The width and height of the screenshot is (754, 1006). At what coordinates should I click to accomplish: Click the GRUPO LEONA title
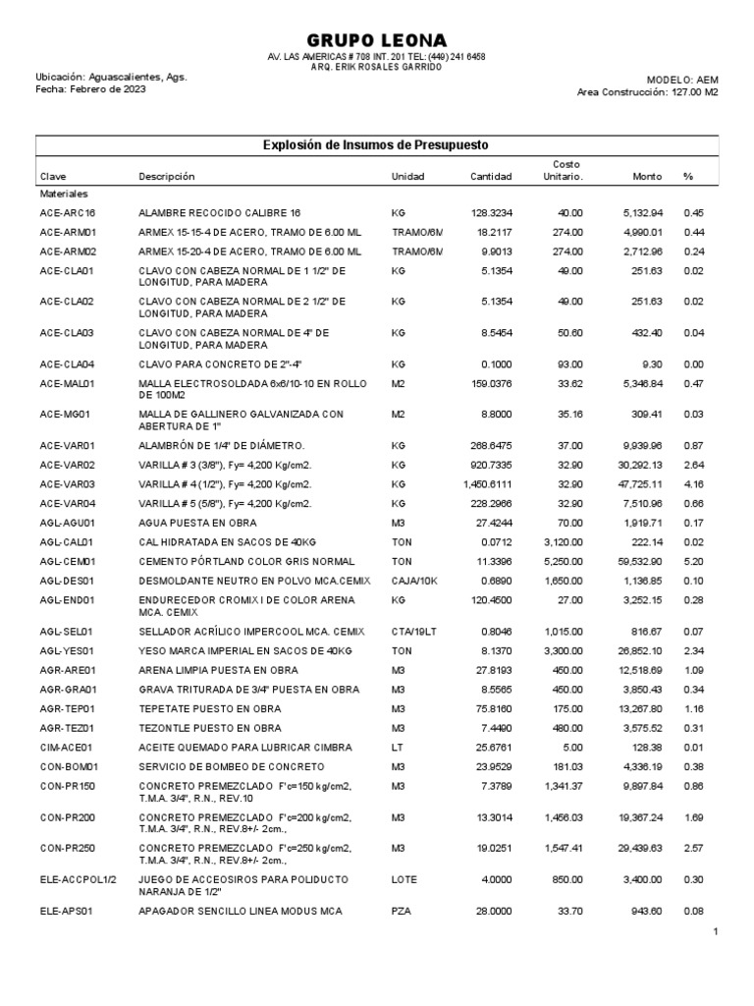pyautogui.click(x=377, y=39)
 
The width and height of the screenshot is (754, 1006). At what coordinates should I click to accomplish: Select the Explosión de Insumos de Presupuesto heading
pyautogui.click(x=376, y=145)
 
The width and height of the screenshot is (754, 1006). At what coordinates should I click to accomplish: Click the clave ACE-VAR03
pyautogui.click(x=68, y=484)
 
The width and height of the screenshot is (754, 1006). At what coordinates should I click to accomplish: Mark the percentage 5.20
pyautogui.click(x=695, y=561)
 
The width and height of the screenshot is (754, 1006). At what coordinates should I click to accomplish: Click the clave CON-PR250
pyautogui.click(x=68, y=847)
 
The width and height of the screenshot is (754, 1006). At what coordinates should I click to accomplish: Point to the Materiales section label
pyautogui.click(x=64, y=195)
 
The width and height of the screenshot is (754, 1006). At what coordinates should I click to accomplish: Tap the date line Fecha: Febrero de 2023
pyautogui.click(x=91, y=90)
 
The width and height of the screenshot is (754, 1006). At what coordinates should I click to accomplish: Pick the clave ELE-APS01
pyautogui.click(x=67, y=912)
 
